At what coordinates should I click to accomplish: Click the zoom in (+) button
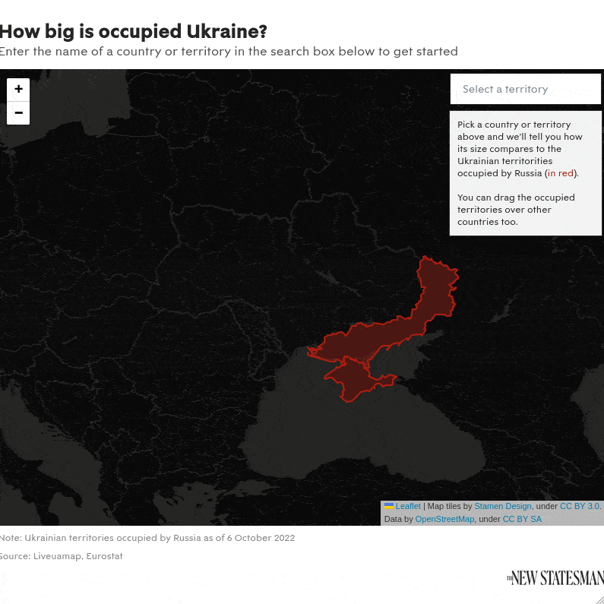(18, 89)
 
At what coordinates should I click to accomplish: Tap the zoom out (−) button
(18, 112)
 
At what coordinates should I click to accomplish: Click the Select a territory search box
(525, 89)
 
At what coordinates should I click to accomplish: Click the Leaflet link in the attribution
(408, 506)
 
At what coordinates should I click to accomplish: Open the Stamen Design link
(503, 506)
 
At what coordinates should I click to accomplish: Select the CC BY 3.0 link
(580, 506)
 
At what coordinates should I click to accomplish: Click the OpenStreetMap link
(444, 519)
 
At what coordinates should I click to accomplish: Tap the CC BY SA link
(522, 519)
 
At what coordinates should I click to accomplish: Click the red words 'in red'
(561, 173)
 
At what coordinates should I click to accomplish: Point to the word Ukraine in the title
(226, 32)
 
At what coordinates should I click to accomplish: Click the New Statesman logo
(555, 578)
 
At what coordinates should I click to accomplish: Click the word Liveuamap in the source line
(57, 556)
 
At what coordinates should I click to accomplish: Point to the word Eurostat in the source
(104, 556)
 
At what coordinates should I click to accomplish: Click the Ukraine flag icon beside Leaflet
(389, 506)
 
